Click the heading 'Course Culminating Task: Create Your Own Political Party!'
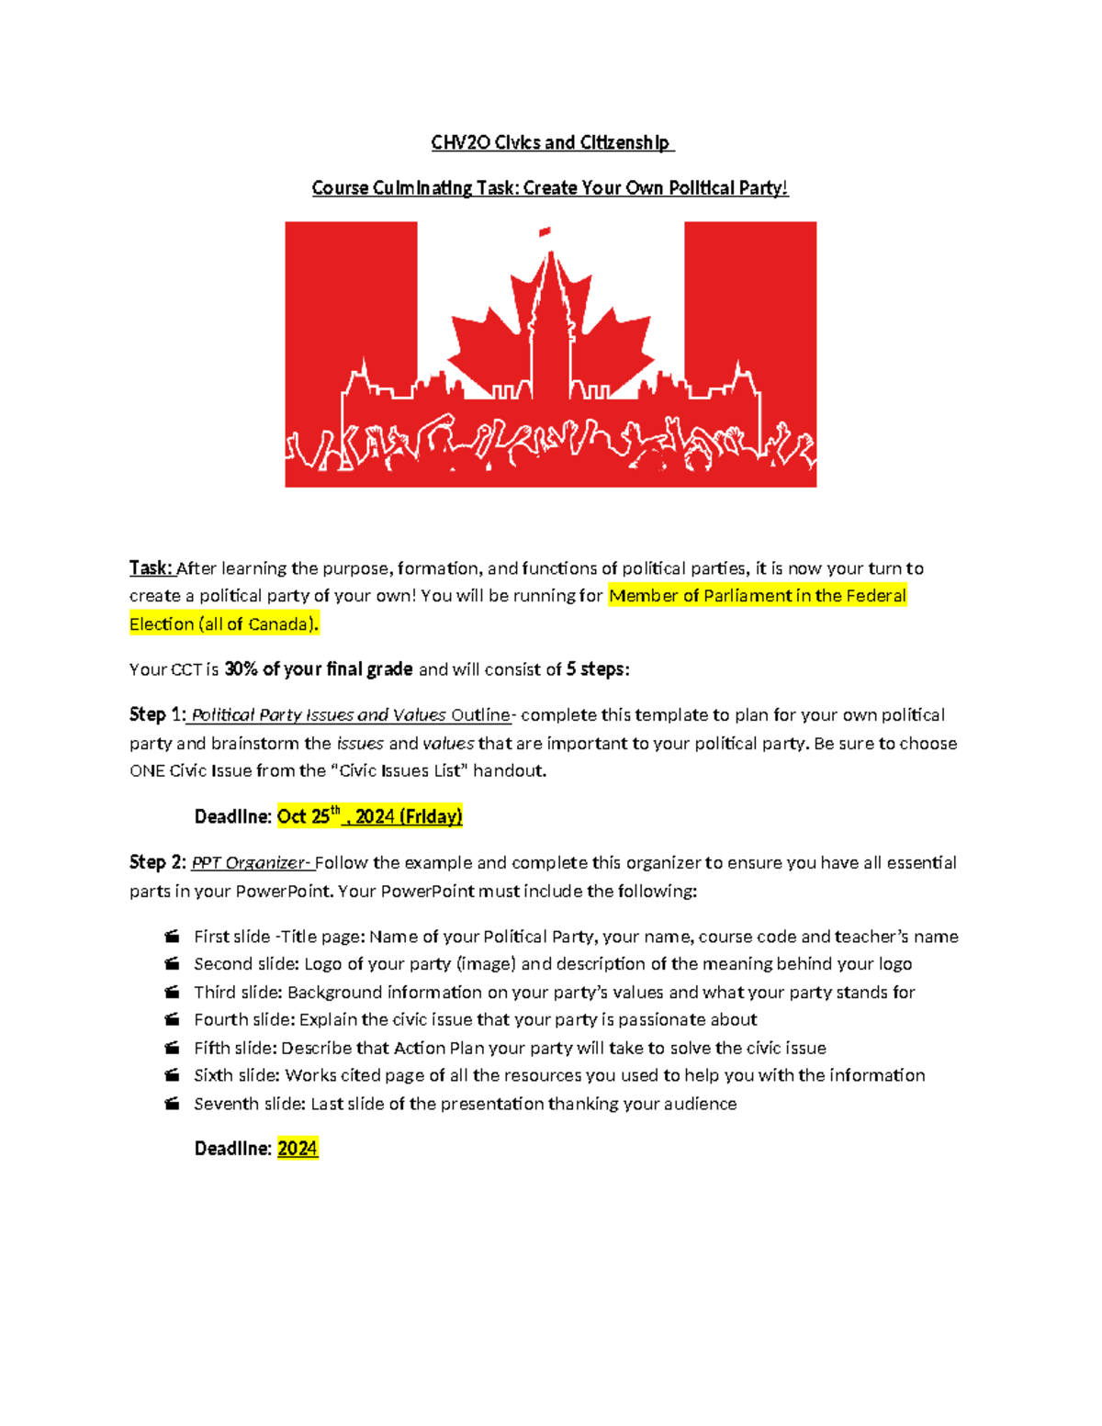point(549,188)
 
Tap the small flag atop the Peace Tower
point(545,232)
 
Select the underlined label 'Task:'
point(151,568)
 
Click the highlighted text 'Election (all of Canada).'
point(224,624)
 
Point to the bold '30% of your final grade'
point(318,669)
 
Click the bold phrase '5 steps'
point(595,669)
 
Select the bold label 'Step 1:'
point(157,715)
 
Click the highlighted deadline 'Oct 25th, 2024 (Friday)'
point(369,816)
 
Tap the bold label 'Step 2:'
point(157,863)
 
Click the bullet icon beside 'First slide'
point(172,937)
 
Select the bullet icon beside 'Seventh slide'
point(172,1104)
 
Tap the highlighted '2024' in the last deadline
point(298,1149)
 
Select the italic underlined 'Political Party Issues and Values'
point(319,715)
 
